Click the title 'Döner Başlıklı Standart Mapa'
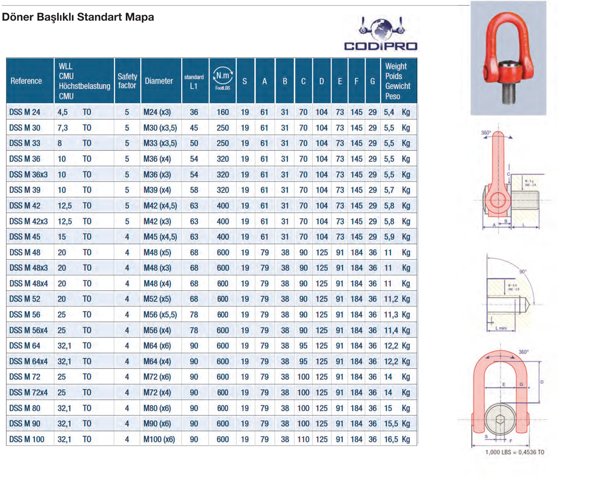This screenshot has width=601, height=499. click(78, 17)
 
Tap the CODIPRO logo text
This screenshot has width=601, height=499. click(381, 46)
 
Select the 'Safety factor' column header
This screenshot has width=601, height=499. click(127, 81)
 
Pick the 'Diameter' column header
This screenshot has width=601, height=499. click(159, 81)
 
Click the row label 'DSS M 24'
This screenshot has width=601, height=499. click(25, 112)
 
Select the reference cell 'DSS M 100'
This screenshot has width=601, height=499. click(27, 439)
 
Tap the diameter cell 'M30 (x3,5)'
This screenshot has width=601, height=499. click(160, 128)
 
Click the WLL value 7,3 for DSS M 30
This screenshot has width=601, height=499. click(62, 128)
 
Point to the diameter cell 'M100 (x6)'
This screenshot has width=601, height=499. click(159, 439)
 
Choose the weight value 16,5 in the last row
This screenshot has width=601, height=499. click(391, 439)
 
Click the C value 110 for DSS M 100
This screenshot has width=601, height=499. click(303, 439)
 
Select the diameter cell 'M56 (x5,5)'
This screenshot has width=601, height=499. click(160, 315)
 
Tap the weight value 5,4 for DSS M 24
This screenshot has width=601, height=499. click(389, 112)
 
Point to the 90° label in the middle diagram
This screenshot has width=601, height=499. click(523, 271)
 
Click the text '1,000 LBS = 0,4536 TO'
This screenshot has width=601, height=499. click(515, 452)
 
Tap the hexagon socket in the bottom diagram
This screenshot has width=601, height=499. click(500, 420)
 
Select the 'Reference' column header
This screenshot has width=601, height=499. click(26, 81)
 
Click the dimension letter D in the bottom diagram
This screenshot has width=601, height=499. click(542, 382)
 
